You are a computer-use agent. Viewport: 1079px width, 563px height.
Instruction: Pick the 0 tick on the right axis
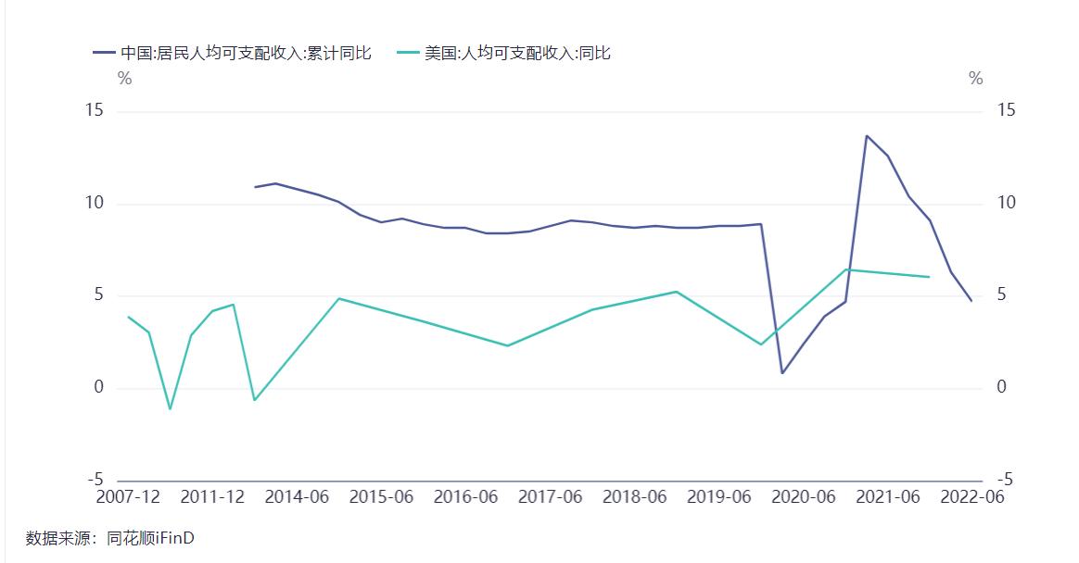(x=1001, y=388)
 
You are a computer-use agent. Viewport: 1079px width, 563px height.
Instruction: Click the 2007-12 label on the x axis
(x=128, y=497)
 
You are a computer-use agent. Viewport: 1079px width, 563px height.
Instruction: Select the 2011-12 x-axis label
(x=212, y=497)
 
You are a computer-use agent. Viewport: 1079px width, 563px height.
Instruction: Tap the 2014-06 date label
(x=297, y=497)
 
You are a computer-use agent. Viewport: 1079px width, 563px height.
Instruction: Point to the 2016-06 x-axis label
(x=465, y=497)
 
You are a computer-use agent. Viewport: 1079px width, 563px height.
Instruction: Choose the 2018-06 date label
(x=634, y=497)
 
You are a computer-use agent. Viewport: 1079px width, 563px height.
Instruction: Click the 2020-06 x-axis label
(x=803, y=497)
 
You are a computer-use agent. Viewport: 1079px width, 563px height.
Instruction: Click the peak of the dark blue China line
(x=867, y=136)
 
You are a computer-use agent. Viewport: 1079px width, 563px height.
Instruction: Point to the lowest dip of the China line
(x=782, y=373)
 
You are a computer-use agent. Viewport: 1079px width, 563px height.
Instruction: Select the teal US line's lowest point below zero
(x=170, y=408)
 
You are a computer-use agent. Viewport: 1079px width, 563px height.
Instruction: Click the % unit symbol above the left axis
(x=125, y=79)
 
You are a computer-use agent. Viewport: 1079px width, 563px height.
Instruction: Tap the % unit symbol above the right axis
(x=975, y=79)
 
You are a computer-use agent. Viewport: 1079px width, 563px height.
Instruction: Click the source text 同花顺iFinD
(x=151, y=538)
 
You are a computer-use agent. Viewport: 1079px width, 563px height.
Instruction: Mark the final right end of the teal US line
(x=929, y=277)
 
